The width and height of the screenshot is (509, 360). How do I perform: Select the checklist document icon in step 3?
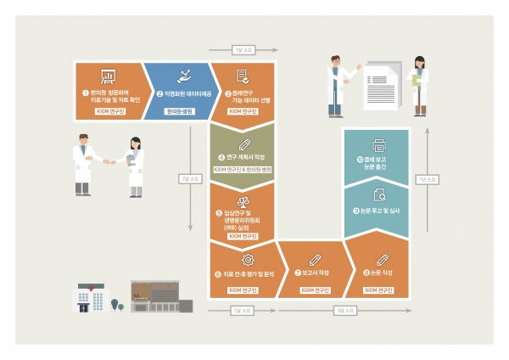coord(242,76)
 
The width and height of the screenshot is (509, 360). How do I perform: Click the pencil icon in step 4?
coord(245,143)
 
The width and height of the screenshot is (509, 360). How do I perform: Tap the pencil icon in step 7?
coord(315,259)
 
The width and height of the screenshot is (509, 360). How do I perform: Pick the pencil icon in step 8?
coord(381,259)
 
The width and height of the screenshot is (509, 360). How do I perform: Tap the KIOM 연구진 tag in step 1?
coord(109,111)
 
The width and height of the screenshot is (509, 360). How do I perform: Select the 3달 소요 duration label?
coord(344,311)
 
